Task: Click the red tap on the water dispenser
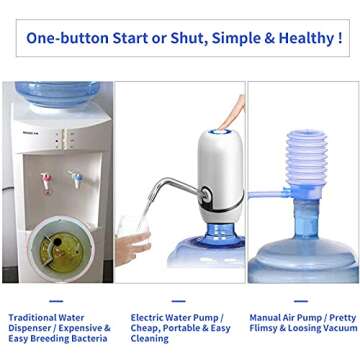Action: coord(46,181)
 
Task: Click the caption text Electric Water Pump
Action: coord(177,317)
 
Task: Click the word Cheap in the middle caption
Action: coord(148,328)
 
